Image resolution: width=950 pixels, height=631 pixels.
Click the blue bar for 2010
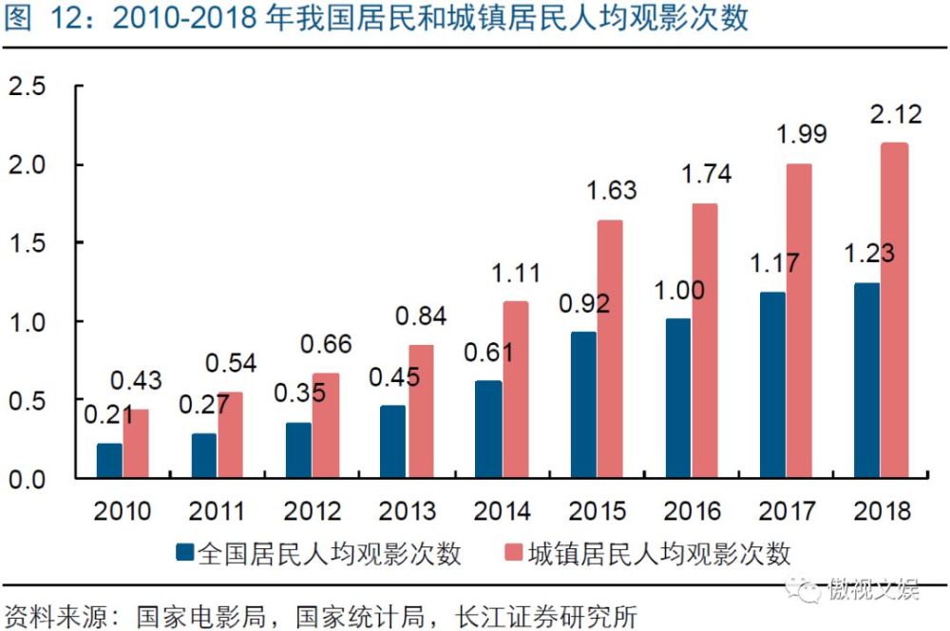(x=109, y=461)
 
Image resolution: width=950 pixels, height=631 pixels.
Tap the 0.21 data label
(x=109, y=415)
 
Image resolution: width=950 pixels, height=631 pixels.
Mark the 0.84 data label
(x=421, y=315)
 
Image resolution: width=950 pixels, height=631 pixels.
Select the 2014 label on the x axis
(x=502, y=511)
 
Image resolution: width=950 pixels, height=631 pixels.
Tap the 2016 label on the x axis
(x=691, y=511)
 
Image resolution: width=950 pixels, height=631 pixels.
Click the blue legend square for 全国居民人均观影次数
(x=186, y=552)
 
